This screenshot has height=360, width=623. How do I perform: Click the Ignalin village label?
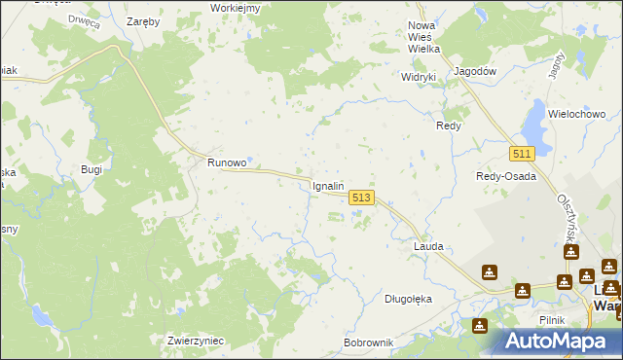[328, 185]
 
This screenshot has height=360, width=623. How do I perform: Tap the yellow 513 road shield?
[360, 197]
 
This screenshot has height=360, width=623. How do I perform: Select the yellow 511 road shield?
[522, 154]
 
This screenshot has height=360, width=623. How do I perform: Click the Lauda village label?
[428, 246]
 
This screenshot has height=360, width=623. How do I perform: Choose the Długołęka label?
[408, 299]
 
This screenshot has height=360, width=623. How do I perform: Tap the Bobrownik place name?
[368, 343]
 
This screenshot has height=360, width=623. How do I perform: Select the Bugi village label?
[92, 169]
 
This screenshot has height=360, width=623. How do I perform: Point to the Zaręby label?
[145, 19]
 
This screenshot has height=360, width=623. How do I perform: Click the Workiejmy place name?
[235, 8]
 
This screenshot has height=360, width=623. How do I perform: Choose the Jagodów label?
[476, 71]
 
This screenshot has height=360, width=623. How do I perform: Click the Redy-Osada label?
[505, 176]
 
